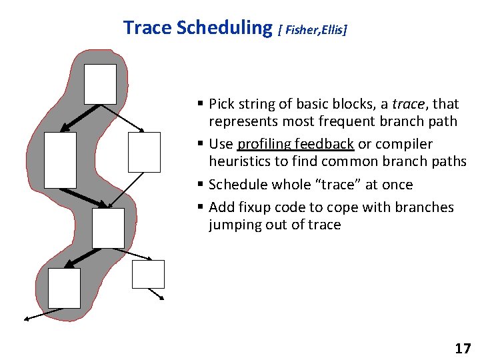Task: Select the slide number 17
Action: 462,348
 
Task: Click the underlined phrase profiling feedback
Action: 295,144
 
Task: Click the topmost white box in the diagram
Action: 100,84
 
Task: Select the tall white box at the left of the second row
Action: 60,159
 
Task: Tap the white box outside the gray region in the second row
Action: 144,152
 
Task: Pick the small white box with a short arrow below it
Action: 148,274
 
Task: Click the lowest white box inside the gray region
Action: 64,288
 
